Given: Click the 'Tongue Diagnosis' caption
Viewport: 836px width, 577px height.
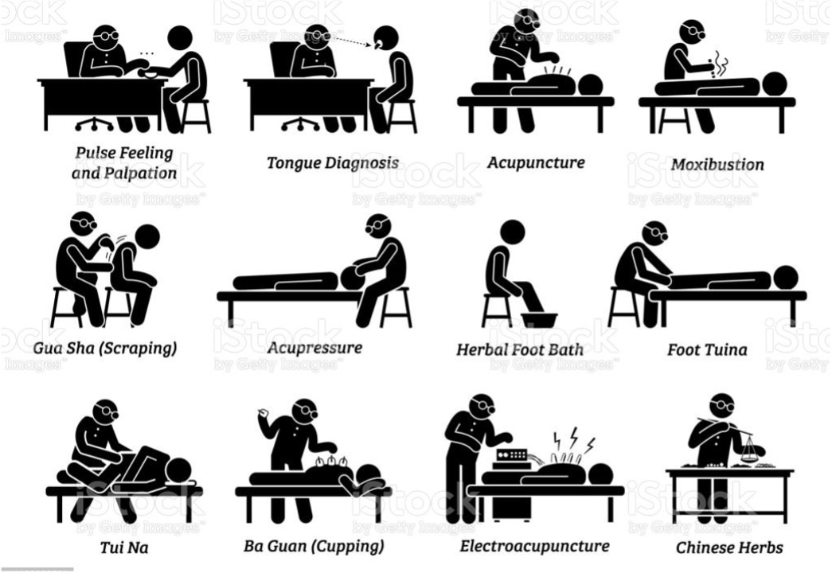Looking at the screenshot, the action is click(x=333, y=163).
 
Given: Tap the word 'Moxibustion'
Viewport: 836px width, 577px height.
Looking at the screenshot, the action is click(x=717, y=165).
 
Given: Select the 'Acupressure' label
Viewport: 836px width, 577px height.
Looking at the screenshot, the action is click(x=314, y=348).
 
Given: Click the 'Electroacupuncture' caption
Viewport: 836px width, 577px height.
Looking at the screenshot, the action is click(x=535, y=546).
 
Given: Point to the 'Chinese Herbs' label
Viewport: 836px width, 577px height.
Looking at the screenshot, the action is click(x=729, y=548).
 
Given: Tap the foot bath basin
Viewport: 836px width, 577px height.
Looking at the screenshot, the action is click(x=539, y=320).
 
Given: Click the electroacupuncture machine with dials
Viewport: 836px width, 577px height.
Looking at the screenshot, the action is click(x=512, y=456).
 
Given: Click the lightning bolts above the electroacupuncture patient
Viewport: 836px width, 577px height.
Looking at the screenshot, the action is click(x=574, y=439).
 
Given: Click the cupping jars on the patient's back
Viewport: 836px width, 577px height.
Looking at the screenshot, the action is click(x=330, y=462).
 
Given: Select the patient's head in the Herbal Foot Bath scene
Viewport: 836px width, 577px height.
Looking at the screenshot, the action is click(x=513, y=233).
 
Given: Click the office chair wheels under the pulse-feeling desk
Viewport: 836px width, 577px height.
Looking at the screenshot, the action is click(x=95, y=125).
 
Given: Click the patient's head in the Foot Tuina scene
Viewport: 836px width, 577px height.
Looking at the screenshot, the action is click(x=785, y=278).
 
